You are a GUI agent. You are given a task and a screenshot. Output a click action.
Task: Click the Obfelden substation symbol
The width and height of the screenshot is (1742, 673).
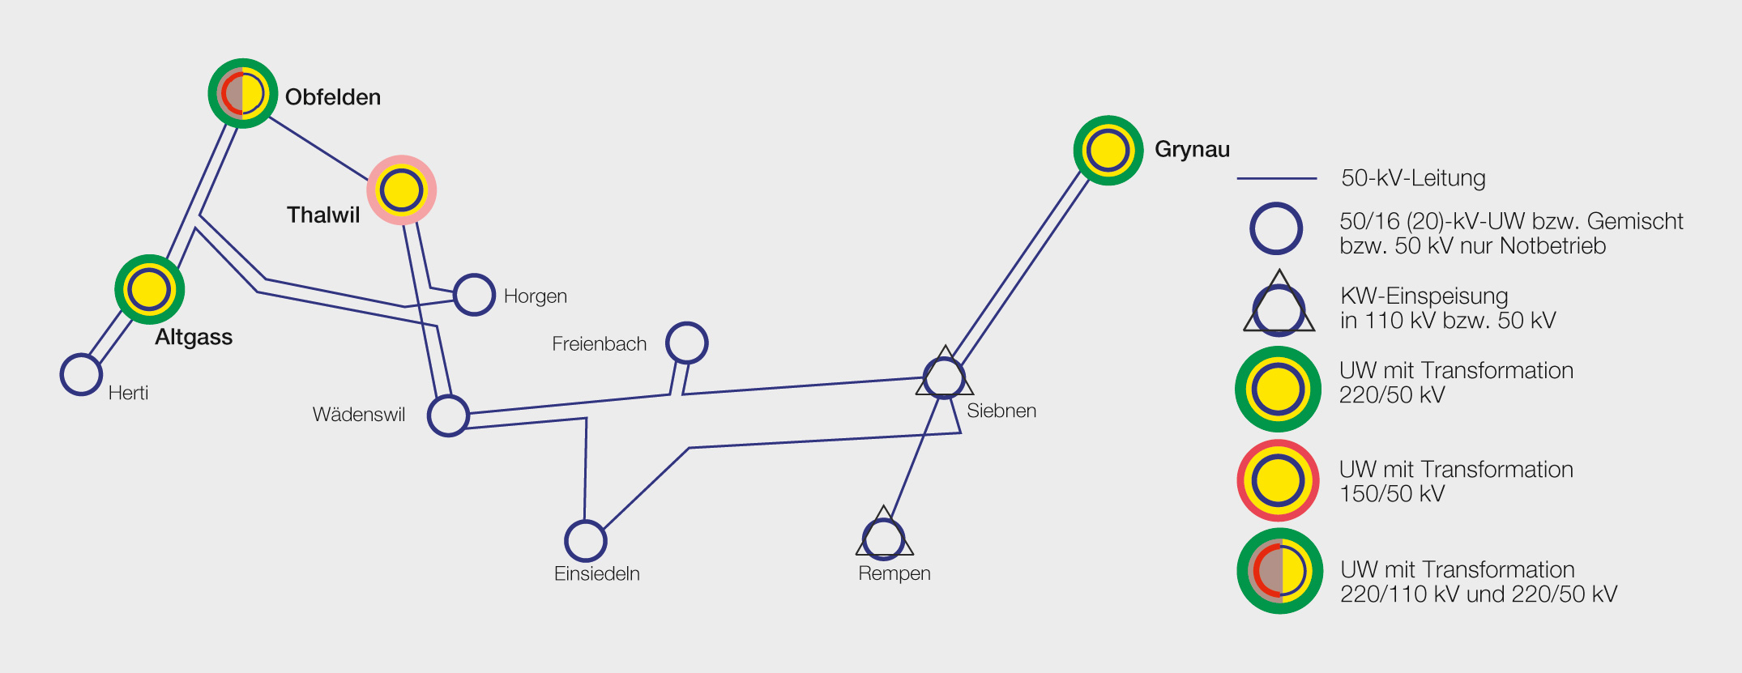(x=243, y=93)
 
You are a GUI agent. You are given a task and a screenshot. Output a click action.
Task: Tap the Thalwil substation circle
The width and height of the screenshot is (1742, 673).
(x=402, y=190)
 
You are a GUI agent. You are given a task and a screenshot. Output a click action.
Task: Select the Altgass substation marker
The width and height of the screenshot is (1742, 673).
(x=150, y=289)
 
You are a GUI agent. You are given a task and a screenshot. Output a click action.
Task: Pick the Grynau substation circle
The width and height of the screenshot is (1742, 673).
(x=1108, y=151)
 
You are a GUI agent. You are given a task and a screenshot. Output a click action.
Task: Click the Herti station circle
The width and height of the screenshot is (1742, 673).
(x=81, y=374)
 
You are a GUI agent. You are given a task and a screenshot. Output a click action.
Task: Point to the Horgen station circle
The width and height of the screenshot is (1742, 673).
(x=474, y=295)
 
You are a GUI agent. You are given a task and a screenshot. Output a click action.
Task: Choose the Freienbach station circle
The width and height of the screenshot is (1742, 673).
(x=687, y=343)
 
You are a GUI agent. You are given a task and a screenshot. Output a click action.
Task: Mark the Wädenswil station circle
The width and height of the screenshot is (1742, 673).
(x=448, y=416)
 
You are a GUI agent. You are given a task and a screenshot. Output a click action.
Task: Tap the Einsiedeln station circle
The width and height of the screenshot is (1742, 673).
(x=585, y=541)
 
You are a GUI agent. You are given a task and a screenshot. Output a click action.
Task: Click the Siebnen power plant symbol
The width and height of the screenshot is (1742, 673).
(x=945, y=377)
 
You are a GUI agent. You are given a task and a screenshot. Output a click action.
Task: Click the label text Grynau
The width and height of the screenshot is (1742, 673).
(x=1192, y=150)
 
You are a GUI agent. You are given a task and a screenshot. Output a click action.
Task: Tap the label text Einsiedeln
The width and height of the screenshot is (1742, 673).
(x=597, y=573)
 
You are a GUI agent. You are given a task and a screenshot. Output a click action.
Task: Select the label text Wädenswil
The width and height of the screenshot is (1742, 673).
(x=359, y=415)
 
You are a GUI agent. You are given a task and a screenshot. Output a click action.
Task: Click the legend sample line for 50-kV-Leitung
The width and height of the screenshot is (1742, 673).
(x=1277, y=178)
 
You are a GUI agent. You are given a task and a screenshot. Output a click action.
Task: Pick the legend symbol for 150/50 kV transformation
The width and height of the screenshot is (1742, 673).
(x=1278, y=481)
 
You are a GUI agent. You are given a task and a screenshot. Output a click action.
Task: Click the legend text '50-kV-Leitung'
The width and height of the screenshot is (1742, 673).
(x=1413, y=178)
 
